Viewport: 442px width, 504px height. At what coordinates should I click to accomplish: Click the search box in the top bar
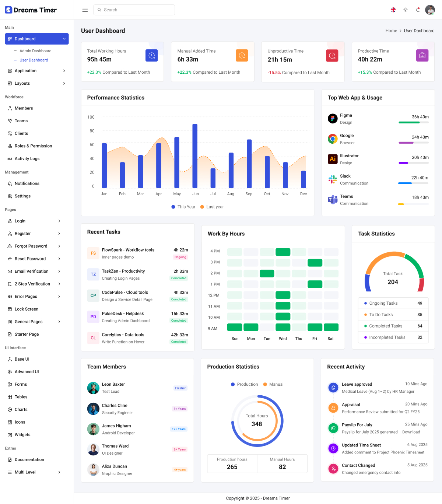pyautogui.click(x=134, y=10)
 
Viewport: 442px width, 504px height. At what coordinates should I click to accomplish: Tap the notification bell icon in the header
pyautogui.click(x=418, y=10)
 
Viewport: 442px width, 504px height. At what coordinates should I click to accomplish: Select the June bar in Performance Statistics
pyautogui.click(x=195, y=156)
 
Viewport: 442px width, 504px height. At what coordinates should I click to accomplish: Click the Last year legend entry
pyautogui.click(x=212, y=207)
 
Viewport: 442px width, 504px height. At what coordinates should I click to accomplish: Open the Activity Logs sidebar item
pyautogui.click(x=27, y=159)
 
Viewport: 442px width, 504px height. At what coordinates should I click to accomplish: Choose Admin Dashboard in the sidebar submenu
pyautogui.click(x=35, y=51)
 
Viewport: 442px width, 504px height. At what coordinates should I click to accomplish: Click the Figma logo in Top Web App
pyautogui.click(x=333, y=119)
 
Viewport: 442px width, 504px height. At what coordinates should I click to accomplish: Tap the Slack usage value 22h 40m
pyautogui.click(x=420, y=178)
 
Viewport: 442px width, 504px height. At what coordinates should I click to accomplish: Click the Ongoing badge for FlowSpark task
pyautogui.click(x=180, y=257)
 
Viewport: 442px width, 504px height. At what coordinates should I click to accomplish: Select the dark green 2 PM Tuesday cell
pyautogui.click(x=267, y=273)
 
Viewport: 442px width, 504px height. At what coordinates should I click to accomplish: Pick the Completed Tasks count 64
pyautogui.click(x=420, y=326)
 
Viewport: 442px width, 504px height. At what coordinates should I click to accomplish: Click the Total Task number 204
pyautogui.click(x=393, y=282)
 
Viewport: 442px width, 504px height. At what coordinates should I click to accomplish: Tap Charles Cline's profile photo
pyautogui.click(x=93, y=409)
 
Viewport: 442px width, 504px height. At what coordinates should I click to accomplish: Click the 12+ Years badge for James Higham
pyautogui.click(x=179, y=429)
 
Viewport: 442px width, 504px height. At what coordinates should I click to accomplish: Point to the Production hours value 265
pyautogui.click(x=232, y=467)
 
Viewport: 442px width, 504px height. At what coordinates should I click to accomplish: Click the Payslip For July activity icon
pyautogui.click(x=333, y=428)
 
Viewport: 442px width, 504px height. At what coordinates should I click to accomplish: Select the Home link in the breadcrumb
pyautogui.click(x=391, y=31)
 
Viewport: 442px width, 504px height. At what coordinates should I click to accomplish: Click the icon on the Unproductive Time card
pyautogui.click(x=332, y=56)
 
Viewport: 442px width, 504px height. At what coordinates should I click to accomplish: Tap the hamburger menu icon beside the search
pyautogui.click(x=85, y=10)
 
